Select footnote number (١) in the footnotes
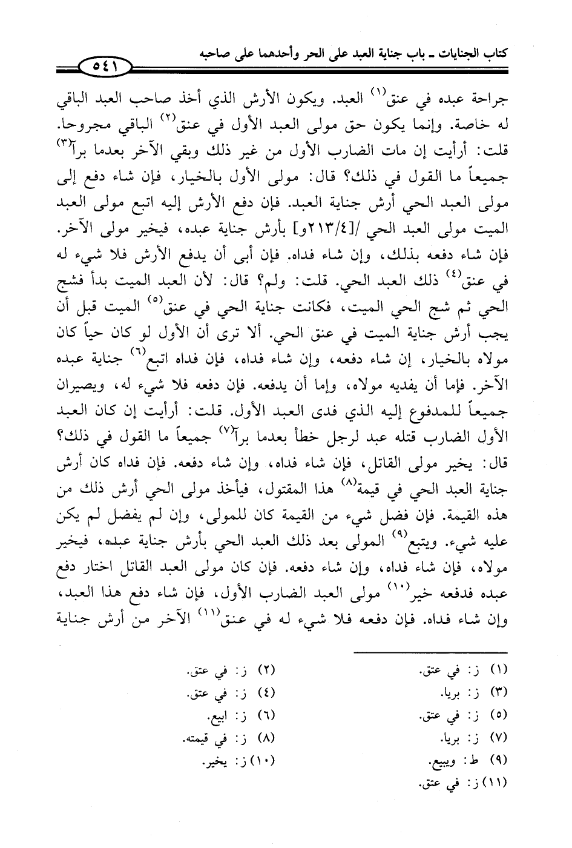[x=497, y=671]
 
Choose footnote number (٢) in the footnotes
[x=266, y=671]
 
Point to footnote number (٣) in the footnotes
[x=497, y=692]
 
